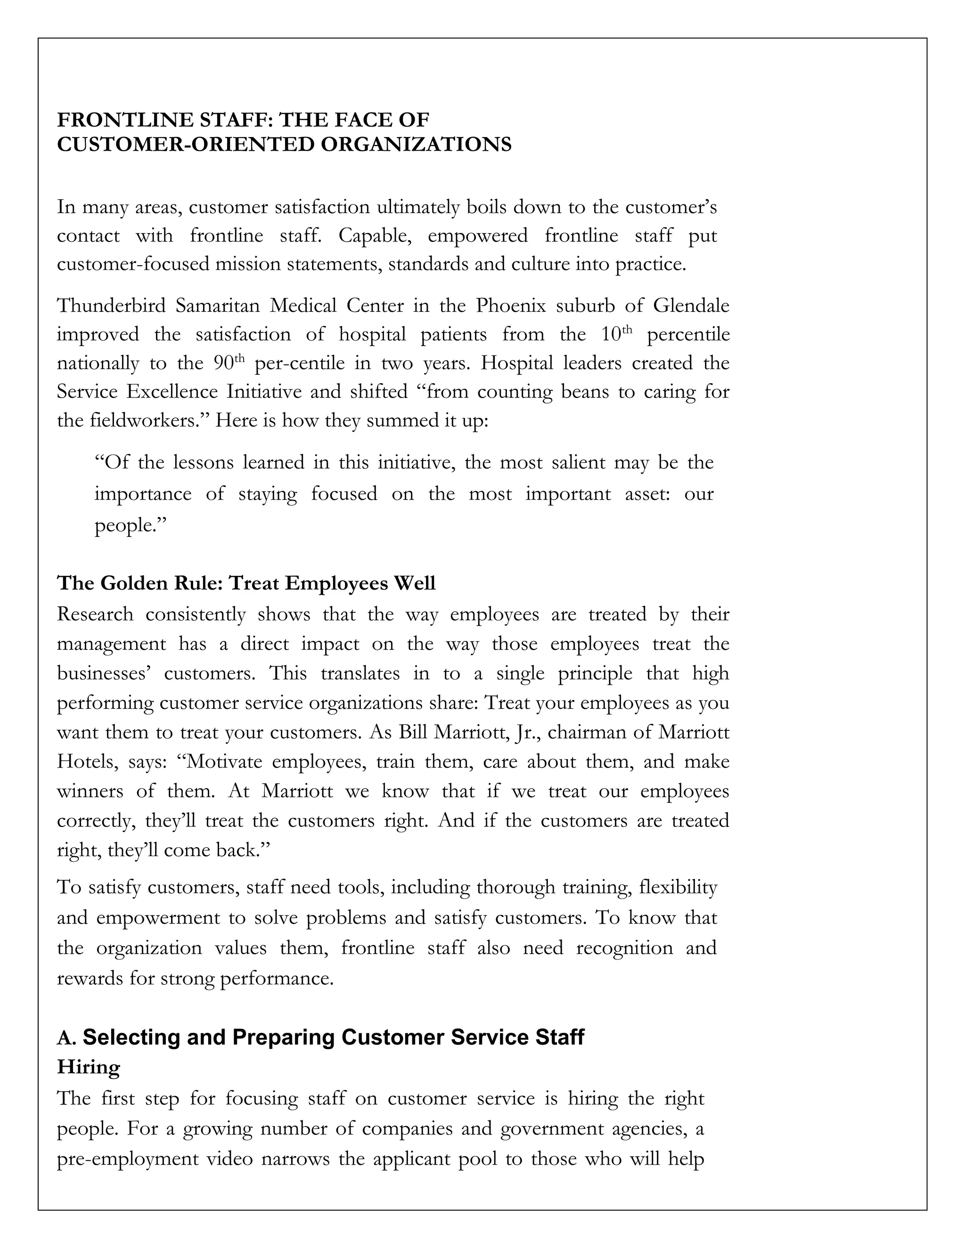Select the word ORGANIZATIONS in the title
(416, 145)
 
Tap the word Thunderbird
(112, 306)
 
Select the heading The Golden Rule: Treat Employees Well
(246, 583)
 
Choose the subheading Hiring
(89, 1067)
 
